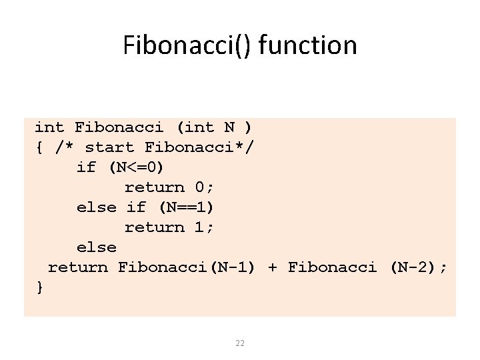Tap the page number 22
(x=240, y=343)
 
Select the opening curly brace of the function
(x=39, y=147)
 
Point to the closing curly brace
(x=40, y=287)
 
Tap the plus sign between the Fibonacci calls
(x=272, y=267)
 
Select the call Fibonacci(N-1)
(x=187, y=267)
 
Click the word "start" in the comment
(x=109, y=147)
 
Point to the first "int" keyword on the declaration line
(x=49, y=127)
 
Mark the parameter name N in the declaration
(x=229, y=127)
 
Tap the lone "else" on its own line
(x=97, y=247)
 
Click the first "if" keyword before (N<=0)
(x=87, y=167)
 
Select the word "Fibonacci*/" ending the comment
(x=199, y=147)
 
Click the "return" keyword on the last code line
(x=77, y=267)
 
